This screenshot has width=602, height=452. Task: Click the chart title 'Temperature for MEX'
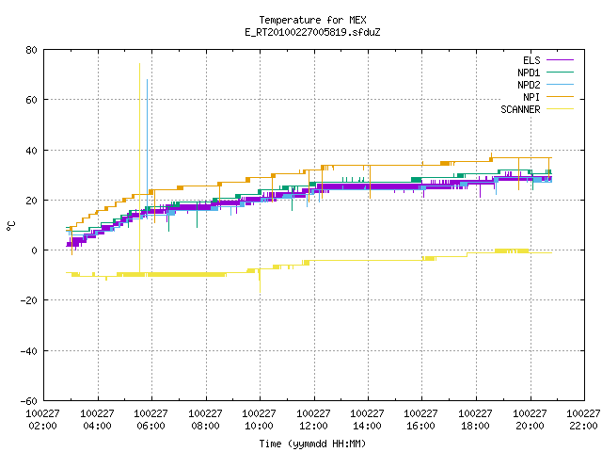click(312, 20)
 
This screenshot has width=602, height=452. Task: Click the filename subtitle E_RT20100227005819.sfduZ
click(312, 32)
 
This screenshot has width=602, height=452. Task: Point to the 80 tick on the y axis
click(31, 50)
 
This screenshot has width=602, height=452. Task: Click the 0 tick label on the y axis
click(34, 250)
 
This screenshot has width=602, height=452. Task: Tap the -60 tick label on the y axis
click(29, 401)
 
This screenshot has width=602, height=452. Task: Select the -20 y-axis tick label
click(29, 300)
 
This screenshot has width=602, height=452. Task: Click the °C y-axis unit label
click(11, 226)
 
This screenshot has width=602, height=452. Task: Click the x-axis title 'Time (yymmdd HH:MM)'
click(312, 444)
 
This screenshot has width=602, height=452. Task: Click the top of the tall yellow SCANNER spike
click(139, 64)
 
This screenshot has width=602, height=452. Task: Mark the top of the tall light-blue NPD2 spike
click(147, 80)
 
